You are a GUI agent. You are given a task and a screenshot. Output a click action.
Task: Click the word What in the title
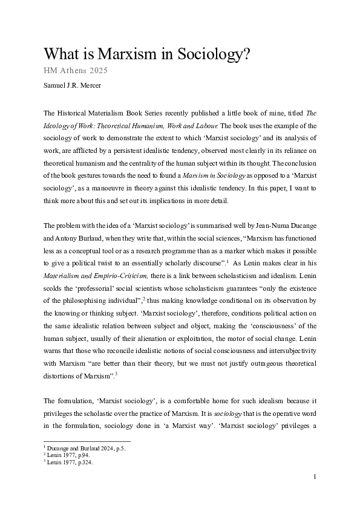click(64, 54)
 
